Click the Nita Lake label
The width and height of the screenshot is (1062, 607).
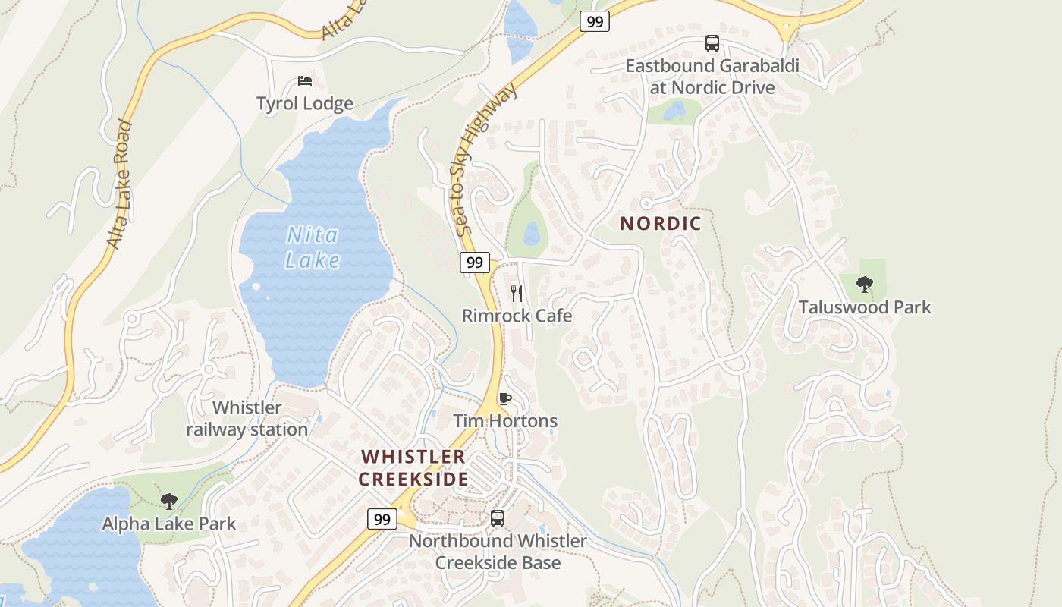[x=313, y=248]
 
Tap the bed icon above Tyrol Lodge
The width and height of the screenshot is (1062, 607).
[x=305, y=81]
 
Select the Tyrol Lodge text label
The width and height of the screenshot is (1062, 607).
[x=305, y=104]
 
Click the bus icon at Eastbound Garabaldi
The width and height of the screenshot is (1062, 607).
[x=712, y=43]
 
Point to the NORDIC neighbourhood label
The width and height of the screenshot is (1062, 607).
[x=661, y=224]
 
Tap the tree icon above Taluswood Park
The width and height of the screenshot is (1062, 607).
[x=864, y=285]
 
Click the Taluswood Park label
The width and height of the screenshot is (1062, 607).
[x=865, y=307]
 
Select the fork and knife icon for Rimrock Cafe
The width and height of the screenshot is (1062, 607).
[x=517, y=293]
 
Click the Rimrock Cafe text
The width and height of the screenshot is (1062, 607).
[x=517, y=316]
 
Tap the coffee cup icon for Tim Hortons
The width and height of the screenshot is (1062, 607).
[x=505, y=398]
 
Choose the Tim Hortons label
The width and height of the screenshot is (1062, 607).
[x=505, y=421]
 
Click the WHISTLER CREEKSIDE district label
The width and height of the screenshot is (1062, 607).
[x=413, y=468]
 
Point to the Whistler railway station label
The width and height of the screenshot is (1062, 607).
[x=247, y=419]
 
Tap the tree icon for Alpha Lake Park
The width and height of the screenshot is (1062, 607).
[x=169, y=501]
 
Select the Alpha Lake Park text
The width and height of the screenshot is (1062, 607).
[x=169, y=524]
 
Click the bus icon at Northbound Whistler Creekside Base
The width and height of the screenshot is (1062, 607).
[x=498, y=518]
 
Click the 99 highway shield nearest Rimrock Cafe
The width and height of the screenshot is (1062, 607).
[x=474, y=263]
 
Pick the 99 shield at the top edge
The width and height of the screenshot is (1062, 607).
[x=595, y=21]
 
